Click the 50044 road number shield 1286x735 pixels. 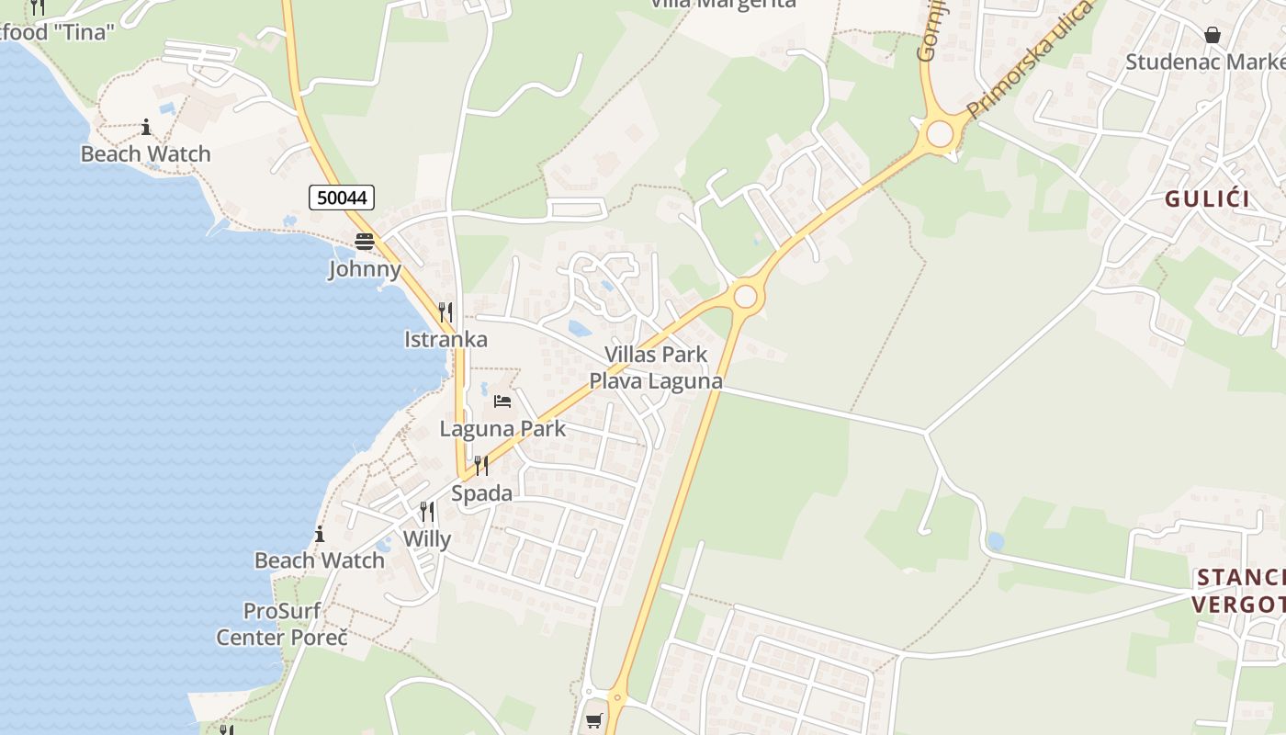click(341, 198)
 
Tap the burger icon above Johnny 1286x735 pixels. click(365, 242)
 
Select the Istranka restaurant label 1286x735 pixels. click(446, 339)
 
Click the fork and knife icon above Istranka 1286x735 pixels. click(446, 312)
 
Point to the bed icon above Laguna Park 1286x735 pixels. click(502, 401)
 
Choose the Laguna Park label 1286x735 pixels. click(502, 428)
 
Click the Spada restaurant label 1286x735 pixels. click(481, 493)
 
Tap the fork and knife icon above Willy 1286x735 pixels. click(427, 512)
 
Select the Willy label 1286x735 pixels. click(427, 538)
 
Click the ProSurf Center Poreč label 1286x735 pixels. click(282, 623)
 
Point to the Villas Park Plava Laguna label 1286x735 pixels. click(656, 367)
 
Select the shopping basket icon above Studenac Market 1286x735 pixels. click(1213, 36)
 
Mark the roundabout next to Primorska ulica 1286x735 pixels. click(940, 134)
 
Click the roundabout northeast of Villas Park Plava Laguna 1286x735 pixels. click(745, 297)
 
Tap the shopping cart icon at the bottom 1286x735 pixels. click(594, 721)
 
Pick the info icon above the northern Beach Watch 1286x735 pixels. click(145, 127)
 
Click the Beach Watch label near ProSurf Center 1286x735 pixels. click(319, 560)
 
